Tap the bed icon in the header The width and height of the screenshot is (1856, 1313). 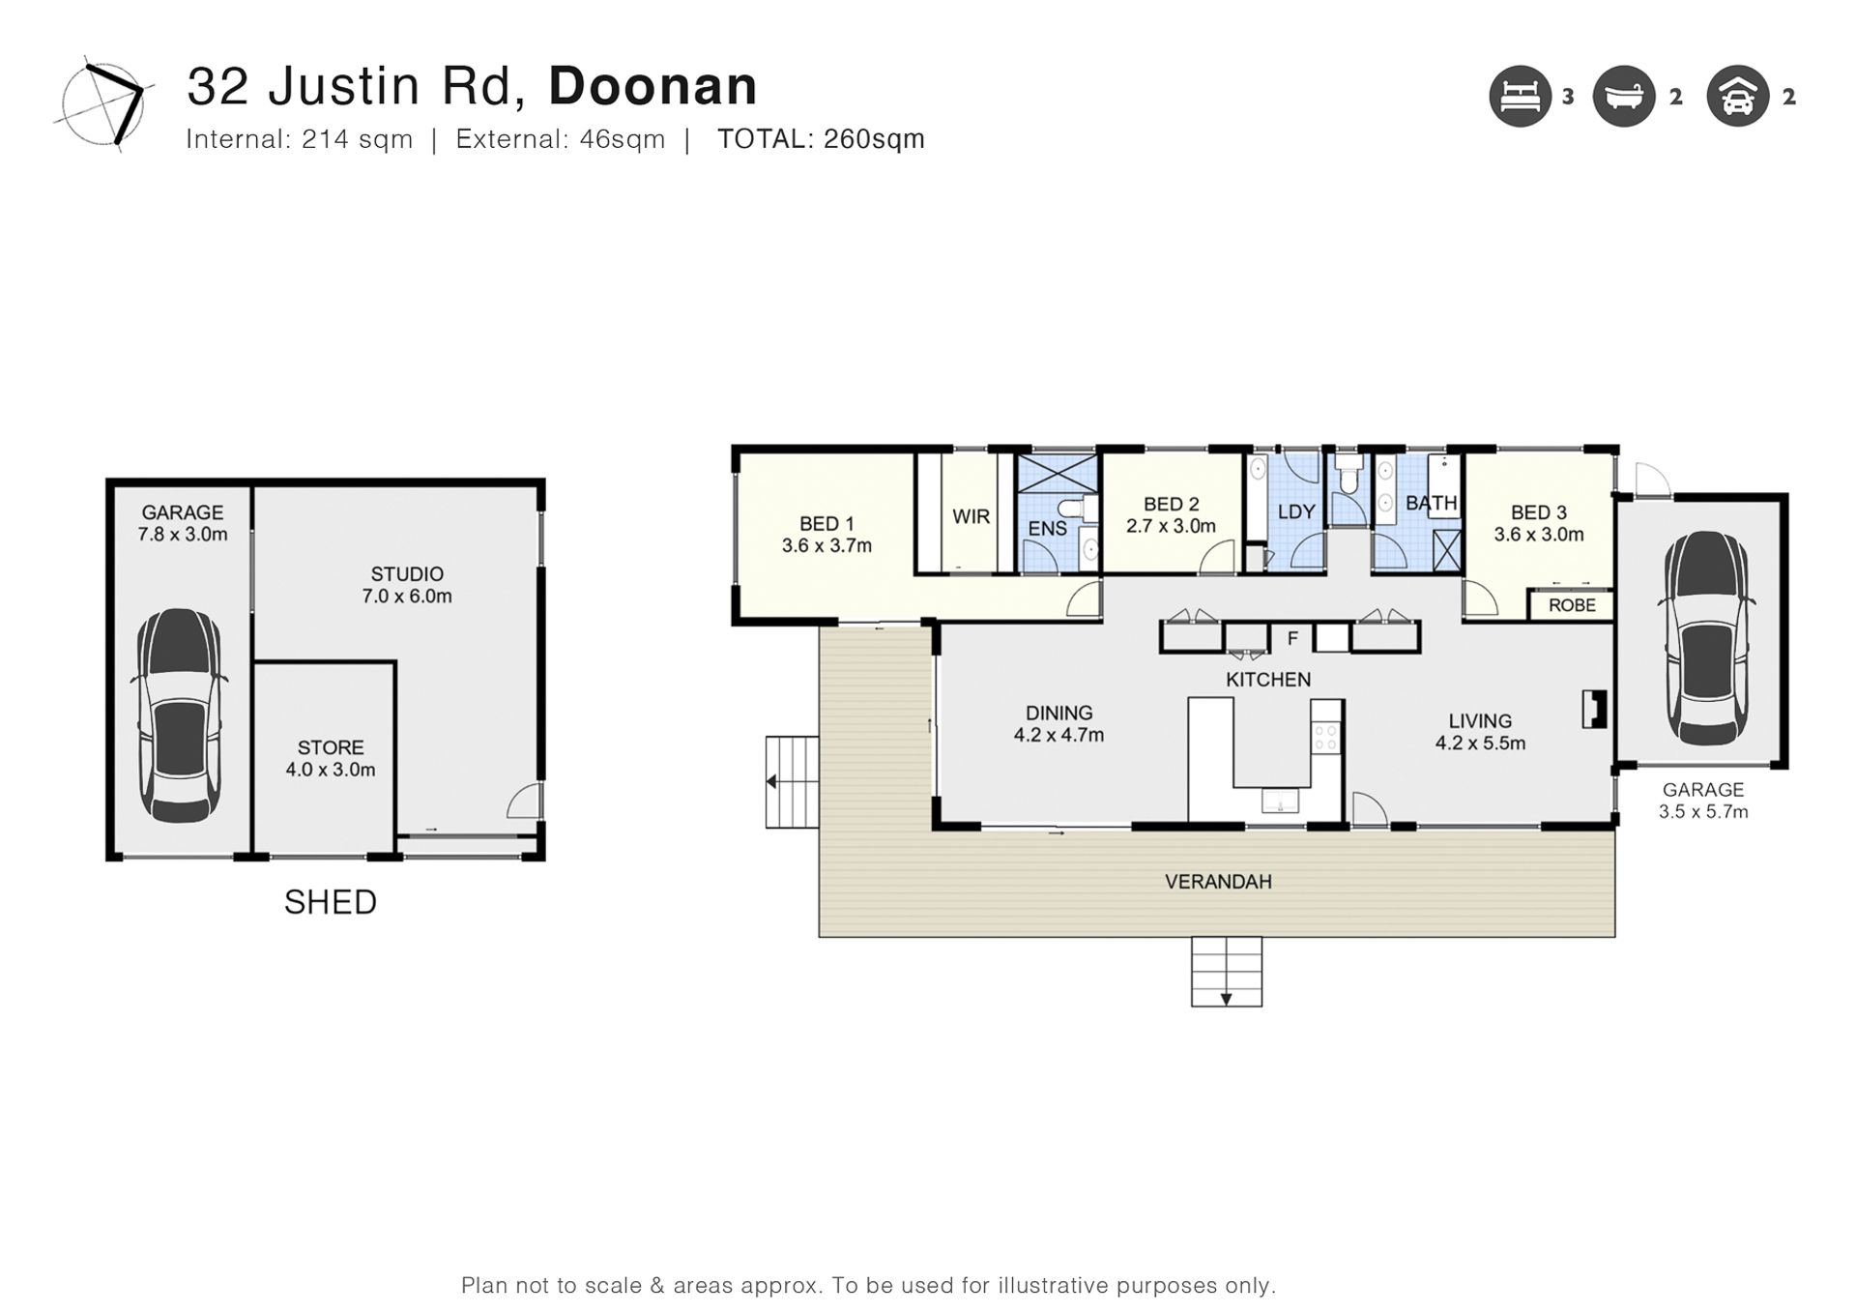click(1521, 96)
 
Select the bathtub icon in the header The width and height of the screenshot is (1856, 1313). click(1624, 96)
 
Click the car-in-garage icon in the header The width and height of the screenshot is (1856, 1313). click(1738, 96)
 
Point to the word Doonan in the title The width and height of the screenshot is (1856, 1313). click(653, 86)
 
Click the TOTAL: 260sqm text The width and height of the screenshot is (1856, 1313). click(821, 139)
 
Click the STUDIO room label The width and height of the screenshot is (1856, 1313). click(407, 574)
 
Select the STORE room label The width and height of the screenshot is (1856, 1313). click(331, 747)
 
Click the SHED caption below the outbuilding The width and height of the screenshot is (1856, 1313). click(331, 902)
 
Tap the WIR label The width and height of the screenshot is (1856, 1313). click(971, 516)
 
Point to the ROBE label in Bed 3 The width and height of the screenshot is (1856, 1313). click(1572, 605)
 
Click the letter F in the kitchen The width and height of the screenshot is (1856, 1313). click(1292, 638)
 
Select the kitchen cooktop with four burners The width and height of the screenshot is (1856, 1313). click(1325, 739)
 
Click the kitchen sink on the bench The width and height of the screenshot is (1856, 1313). click(1280, 801)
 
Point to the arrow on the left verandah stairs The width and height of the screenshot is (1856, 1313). click(772, 781)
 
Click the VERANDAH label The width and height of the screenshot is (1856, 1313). click(1218, 882)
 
